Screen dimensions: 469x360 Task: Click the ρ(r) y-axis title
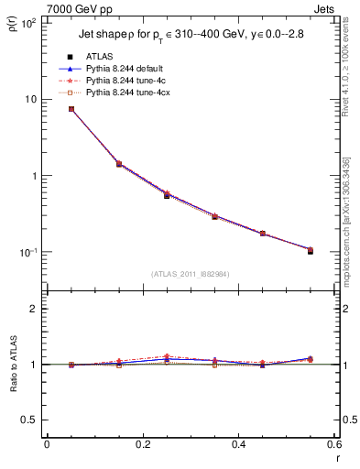coord(13,30)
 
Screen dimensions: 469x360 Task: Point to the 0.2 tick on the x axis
coord(141,444)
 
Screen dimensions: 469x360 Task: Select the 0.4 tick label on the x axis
coord(237,444)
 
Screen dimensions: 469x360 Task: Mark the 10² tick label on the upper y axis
coord(29,22)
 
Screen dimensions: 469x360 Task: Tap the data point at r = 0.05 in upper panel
coord(71,109)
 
